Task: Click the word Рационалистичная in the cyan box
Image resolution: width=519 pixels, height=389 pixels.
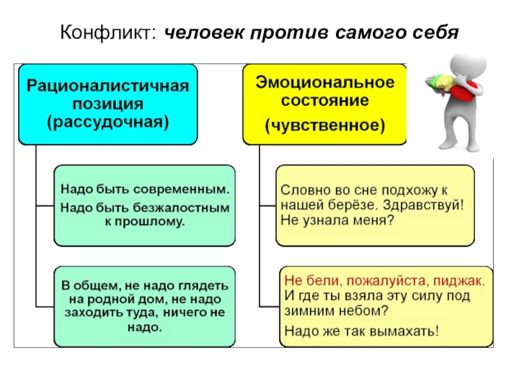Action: click(108, 86)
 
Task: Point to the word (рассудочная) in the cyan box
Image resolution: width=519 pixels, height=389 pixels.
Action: click(108, 121)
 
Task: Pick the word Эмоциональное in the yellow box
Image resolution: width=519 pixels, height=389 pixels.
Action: click(324, 83)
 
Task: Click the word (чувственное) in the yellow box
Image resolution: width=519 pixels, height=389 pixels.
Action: click(324, 123)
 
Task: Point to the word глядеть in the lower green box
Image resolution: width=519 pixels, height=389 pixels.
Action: click(204, 286)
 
